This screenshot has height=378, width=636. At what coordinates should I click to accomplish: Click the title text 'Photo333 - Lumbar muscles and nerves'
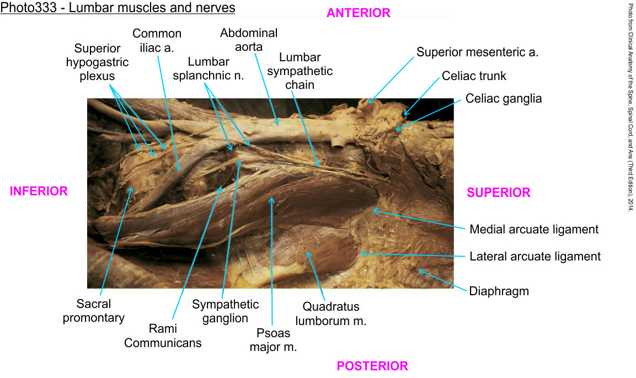(x=118, y=8)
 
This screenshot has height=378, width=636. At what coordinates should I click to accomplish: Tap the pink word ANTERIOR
(x=358, y=13)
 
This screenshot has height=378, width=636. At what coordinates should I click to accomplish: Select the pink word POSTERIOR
(x=372, y=365)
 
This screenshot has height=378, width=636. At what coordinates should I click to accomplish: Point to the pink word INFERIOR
(x=39, y=191)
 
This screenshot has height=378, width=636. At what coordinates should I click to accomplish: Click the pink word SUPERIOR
(x=499, y=193)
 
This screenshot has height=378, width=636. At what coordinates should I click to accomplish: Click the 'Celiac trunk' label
(x=474, y=76)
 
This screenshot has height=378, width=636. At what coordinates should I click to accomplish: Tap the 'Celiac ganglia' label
(x=504, y=99)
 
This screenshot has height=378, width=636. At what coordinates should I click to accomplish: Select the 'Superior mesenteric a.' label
(x=477, y=52)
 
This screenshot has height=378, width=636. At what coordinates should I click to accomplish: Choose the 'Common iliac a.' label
(x=157, y=41)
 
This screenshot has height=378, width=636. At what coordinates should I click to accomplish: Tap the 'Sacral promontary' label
(x=94, y=311)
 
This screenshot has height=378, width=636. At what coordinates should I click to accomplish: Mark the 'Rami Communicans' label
(x=163, y=336)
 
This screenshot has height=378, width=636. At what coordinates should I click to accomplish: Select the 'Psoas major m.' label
(x=273, y=340)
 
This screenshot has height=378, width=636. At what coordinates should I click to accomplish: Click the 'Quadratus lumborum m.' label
(x=331, y=313)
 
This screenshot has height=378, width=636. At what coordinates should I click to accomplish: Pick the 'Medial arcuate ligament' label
(x=533, y=229)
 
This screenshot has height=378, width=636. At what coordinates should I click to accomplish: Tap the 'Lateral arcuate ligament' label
(x=535, y=257)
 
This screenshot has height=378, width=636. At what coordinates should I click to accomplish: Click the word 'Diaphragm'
(x=499, y=291)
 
